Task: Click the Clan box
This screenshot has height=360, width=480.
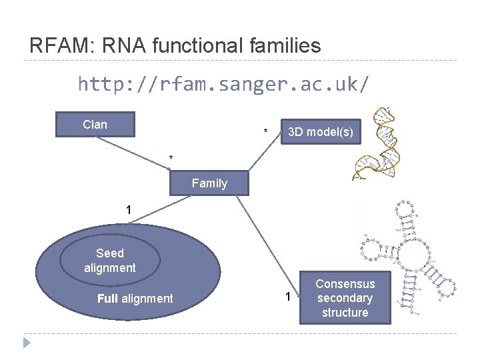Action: click(95, 125)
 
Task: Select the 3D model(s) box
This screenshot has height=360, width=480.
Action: click(320, 132)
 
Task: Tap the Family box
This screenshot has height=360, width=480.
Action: click(209, 183)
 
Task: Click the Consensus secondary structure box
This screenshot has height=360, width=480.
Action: click(345, 298)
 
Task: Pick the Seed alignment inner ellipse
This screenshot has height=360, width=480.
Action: click(110, 261)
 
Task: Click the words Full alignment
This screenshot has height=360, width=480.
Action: click(135, 299)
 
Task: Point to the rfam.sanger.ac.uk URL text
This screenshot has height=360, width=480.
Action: click(223, 85)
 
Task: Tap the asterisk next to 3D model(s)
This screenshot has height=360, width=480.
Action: click(266, 131)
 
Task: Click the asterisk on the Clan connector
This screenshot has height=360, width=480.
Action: click(171, 158)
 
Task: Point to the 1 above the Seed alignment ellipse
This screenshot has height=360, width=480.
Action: click(129, 211)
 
